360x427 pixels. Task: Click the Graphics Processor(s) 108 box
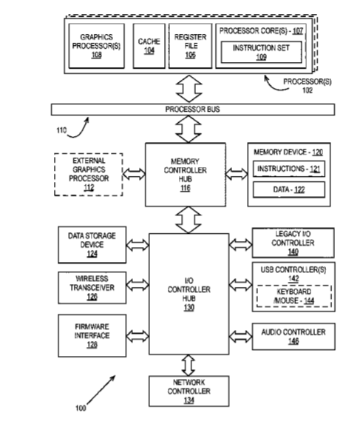tap(97, 46)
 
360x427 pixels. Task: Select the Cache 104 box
tap(149, 46)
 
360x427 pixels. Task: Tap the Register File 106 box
tap(190, 46)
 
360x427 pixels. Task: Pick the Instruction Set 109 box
tap(261, 52)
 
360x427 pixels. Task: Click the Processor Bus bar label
tap(193, 110)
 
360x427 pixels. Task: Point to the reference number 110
tap(61, 130)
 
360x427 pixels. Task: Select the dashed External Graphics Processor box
tap(89, 175)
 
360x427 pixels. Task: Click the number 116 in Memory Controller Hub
tap(186, 188)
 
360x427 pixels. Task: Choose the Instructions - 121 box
tap(289, 169)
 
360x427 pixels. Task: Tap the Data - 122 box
tap(289, 189)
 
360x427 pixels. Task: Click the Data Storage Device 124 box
tap(92, 245)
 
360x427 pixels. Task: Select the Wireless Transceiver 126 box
tap(92, 288)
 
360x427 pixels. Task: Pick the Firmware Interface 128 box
tap(92, 335)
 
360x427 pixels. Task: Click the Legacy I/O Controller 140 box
tap(293, 243)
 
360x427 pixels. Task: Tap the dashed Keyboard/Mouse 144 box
tap(294, 296)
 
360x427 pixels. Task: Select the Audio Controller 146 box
tap(293, 337)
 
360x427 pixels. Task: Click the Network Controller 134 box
tap(189, 391)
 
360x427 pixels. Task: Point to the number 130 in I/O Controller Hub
tap(189, 307)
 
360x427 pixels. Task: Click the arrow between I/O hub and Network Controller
tap(189, 365)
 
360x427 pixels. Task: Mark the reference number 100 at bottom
tap(81, 408)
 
